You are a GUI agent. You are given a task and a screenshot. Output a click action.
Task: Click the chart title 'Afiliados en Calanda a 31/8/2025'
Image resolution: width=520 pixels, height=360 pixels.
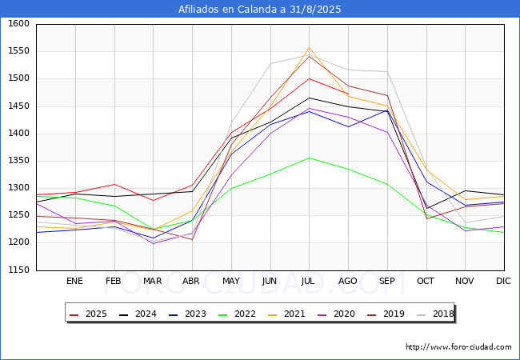tap(260, 10)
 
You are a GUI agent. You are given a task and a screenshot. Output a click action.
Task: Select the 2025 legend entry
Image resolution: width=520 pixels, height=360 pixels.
tap(90, 314)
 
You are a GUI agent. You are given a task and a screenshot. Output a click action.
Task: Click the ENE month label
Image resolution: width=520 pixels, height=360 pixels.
tap(74, 282)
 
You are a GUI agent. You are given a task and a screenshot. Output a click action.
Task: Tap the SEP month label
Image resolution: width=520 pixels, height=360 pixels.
tap(387, 282)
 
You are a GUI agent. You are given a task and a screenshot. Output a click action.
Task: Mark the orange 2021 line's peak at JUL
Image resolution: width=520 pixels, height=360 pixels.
tap(309, 48)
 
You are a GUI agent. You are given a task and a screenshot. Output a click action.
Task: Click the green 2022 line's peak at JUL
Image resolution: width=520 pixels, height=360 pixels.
tap(309, 158)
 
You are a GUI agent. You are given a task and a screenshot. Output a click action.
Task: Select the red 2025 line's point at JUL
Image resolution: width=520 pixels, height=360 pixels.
tap(309, 78)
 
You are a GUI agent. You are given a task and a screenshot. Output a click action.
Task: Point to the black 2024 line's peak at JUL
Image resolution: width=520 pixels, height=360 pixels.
tap(309, 98)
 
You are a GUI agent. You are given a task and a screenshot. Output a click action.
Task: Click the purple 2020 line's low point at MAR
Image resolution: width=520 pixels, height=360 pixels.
tap(153, 243)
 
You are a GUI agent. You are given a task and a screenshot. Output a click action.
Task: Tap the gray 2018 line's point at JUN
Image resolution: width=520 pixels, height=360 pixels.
tap(270, 63)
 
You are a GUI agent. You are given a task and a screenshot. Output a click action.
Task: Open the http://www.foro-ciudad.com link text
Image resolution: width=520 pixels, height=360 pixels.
tap(458, 347)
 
